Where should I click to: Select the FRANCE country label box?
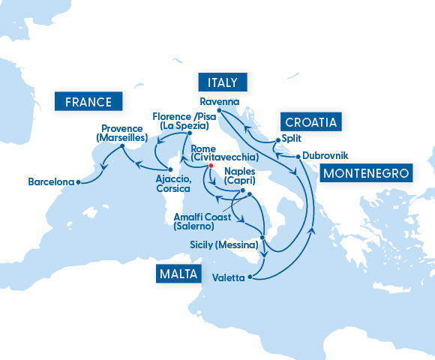(x=88, y=101)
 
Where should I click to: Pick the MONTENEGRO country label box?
(x=367, y=173)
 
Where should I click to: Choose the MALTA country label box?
(x=178, y=274)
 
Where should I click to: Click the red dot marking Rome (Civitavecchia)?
(x=211, y=166)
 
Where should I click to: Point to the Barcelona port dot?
(x=79, y=181)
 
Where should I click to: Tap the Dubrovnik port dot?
(x=298, y=156)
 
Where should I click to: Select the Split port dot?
(x=278, y=139)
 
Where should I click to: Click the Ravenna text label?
(x=219, y=101)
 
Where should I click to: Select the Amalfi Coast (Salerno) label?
(x=197, y=220)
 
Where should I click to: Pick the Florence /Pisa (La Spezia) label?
(x=184, y=121)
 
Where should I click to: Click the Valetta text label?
(x=229, y=278)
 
